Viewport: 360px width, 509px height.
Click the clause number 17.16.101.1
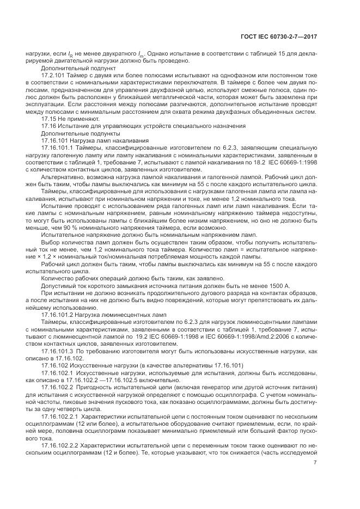59,147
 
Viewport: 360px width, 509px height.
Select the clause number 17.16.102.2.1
61,414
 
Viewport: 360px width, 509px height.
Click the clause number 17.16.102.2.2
61,443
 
